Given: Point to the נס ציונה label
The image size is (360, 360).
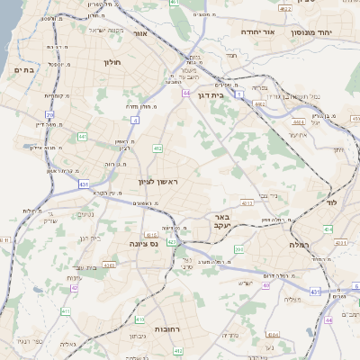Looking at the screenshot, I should pyautogui.click(x=142, y=243).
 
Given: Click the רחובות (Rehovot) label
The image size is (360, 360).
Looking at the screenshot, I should pyautogui.click(x=167, y=328).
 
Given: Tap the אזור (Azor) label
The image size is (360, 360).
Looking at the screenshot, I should pyautogui.click(x=139, y=33).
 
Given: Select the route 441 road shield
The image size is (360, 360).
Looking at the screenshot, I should pyautogui.click(x=82, y=136).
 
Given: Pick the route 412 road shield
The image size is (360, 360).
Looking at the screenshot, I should pyautogui.click(x=157, y=148).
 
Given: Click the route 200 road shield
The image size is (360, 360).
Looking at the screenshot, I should pyautogui.click(x=238, y=249).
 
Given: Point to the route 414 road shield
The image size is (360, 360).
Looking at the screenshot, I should pyautogui.click(x=328, y=229).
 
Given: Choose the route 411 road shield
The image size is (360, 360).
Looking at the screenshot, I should pyautogui.click(x=65, y=310).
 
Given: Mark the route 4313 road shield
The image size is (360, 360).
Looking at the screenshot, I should pyautogui.click(x=109, y=265).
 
